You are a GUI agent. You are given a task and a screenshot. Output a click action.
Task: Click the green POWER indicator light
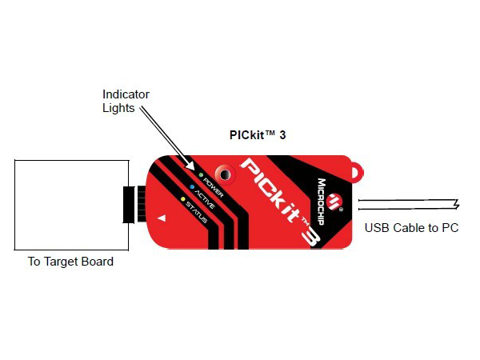(201, 175)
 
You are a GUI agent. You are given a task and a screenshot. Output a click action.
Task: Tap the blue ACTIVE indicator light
(192, 186)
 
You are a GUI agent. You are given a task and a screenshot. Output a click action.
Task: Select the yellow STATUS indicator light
(182, 199)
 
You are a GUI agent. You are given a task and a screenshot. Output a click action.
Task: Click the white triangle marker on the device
(162, 218)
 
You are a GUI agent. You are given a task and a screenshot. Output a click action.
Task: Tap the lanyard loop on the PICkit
(357, 172)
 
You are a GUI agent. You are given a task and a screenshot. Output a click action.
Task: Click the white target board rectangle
(72, 205)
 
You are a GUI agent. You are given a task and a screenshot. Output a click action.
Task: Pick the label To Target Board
(70, 262)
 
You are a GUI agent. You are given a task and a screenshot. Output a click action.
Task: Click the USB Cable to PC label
(411, 228)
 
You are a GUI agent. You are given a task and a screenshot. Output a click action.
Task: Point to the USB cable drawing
(409, 205)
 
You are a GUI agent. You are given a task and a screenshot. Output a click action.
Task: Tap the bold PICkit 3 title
(258, 135)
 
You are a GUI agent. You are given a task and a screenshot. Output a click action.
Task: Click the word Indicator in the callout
(126, 94)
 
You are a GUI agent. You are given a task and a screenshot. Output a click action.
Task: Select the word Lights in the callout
(118, 108)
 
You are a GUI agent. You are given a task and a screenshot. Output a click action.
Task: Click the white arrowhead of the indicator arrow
(190, 165)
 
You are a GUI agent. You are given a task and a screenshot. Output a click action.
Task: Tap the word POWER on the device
(214, 187)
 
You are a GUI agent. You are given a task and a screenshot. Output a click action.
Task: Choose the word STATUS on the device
(196, 212)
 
